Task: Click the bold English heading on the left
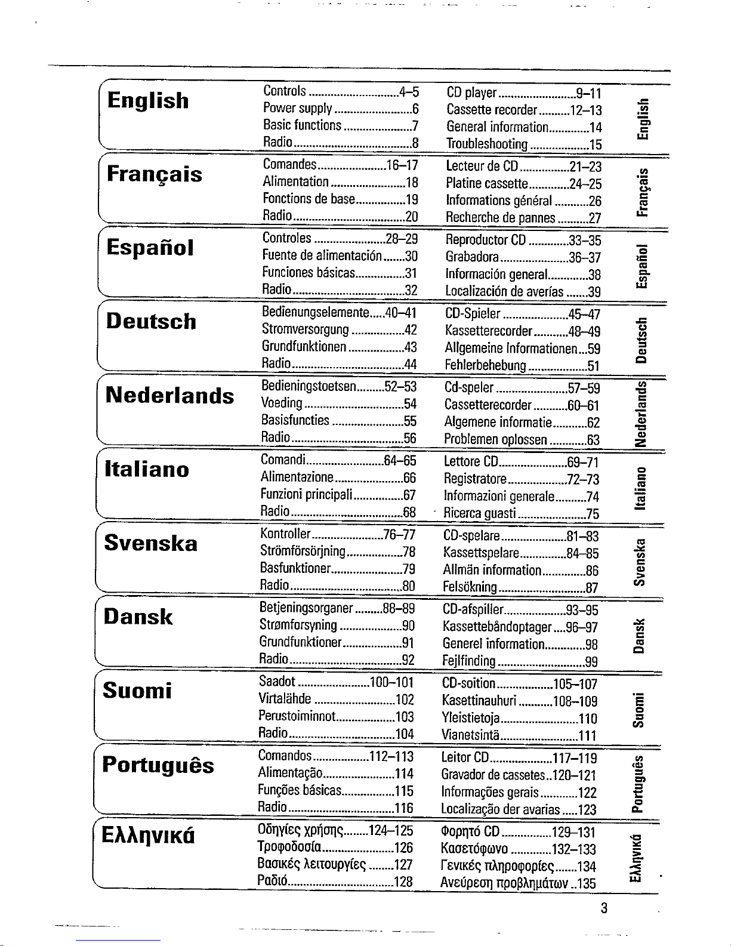pyautogui.click(x=148, y=100)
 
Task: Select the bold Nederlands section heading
pyautogui.click(x=169, y=395)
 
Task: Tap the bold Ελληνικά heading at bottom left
pyautogui.click(x=149, y=834)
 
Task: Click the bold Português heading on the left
pyautogui.click(x=158, y=765)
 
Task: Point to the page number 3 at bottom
pyautogui.click(x=604, y=908)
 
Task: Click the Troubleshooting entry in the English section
pyautogui.click(x=487, y=144)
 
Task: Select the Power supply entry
pyautogui.click(x=297, y=108)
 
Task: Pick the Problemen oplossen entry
pyautogui.click(x=495, y=440)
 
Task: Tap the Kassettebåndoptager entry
pyautogui.click(x=497, y=627)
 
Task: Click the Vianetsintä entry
pyautogui.click(x=470, y=735)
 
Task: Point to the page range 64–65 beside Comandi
pyautogui.click(x=399, y=461)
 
